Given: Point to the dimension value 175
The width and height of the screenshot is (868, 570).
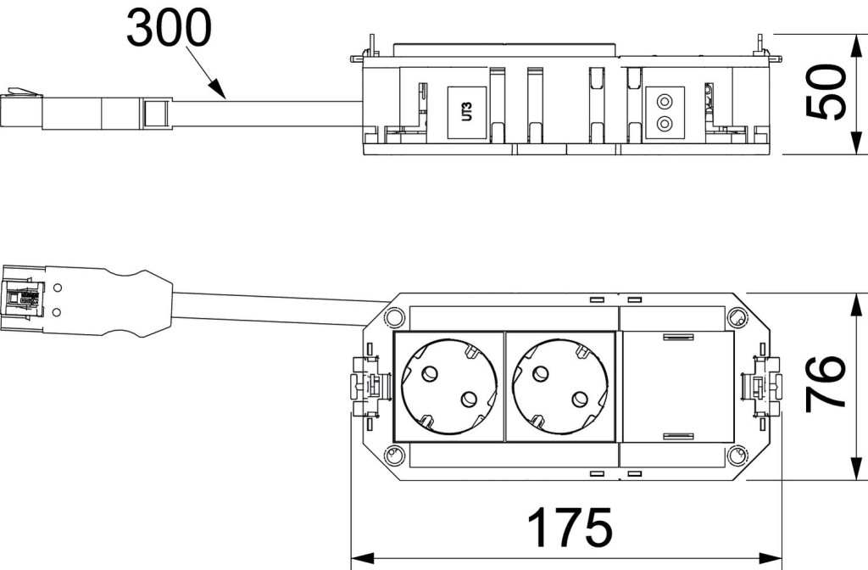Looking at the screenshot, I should tap(570, 528).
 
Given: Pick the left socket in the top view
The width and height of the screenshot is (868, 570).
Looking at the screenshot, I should tap(448, 386).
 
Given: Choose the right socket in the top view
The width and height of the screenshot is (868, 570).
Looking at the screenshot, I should tap(559, 386).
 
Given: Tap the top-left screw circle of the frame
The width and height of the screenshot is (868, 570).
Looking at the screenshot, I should tap(392, 318).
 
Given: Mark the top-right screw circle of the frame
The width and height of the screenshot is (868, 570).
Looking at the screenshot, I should tap(737, 318).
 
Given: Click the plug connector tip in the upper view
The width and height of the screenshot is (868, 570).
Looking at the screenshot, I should tap(19, 110).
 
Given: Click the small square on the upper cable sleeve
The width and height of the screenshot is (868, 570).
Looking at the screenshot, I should tap(155, 113).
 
